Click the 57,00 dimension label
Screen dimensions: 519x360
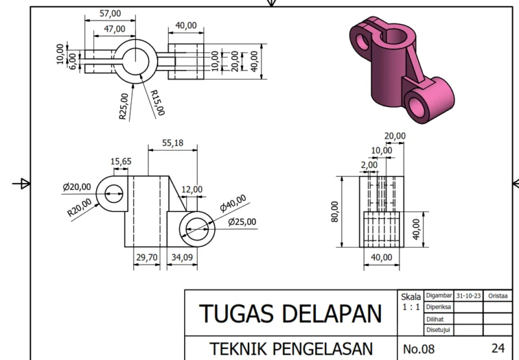(x=110, y=14)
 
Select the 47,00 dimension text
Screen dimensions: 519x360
(x=115, y=29)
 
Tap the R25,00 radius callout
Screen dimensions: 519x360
(x=123, y=106)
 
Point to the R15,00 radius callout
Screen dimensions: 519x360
(x=158, y=102)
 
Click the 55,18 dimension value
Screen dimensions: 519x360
(x=173, y=143)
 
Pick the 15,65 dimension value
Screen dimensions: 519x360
(x=121, y=162)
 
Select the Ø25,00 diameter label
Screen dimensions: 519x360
(x=242, y=222)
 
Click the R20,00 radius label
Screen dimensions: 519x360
(x=79, y=208)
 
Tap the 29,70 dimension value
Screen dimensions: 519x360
(x=147, y=257)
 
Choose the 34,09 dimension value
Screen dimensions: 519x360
(x=182, y=257)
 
